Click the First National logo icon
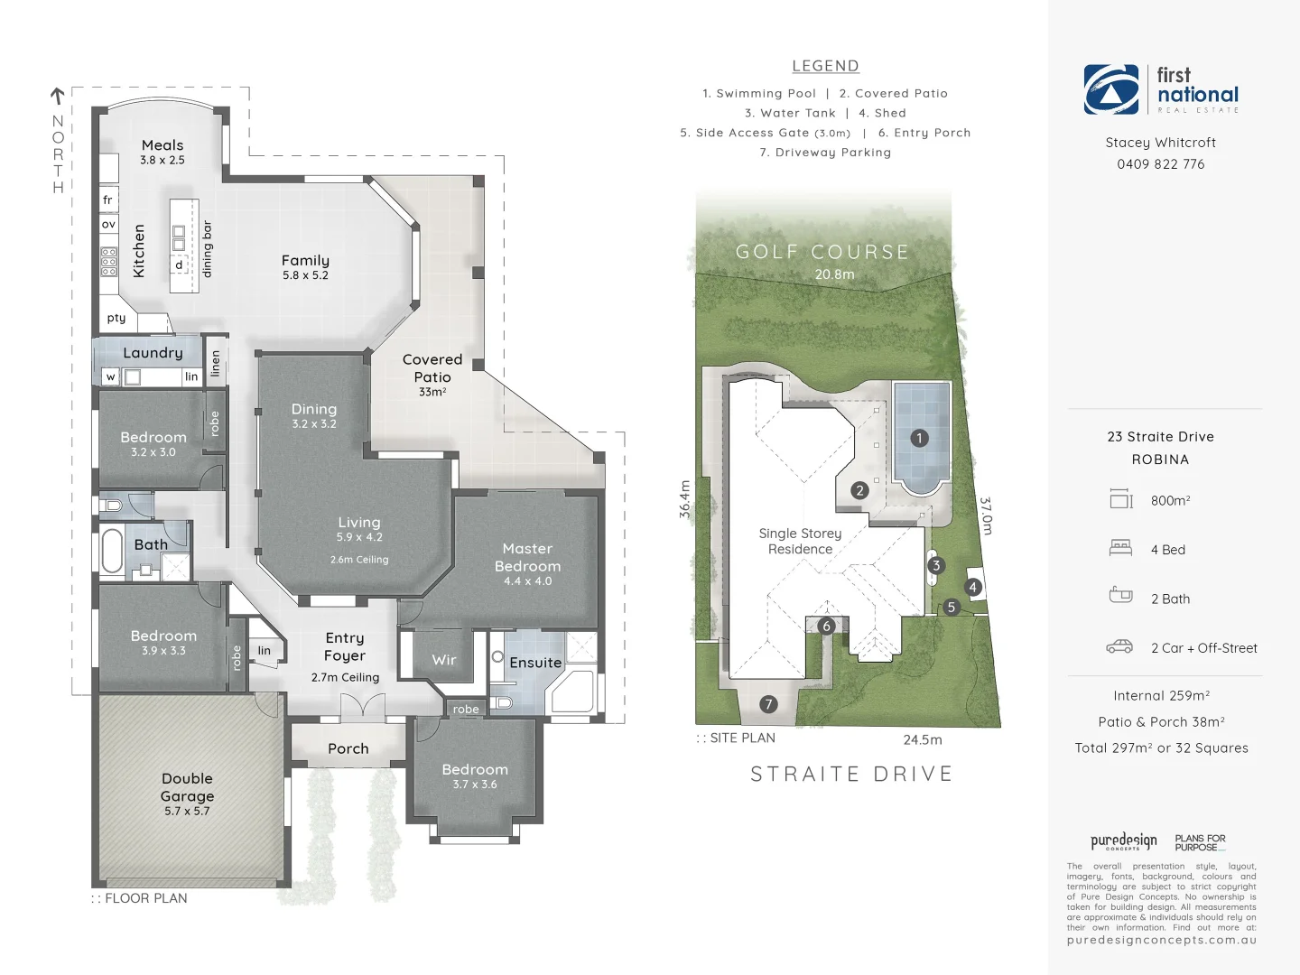(x=1111, y=89)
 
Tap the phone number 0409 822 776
(x=1160, y=164)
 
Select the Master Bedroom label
(x=527, y=563)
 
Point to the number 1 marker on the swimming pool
(x=919, y=438)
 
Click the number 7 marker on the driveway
(x=768, y=704)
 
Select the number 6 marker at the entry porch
(x=826, y=626)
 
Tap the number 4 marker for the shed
(x=973, y=587)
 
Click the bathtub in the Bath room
(x=112, y=552)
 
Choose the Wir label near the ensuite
(x=444, y=660)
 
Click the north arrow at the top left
(x=57, y=95)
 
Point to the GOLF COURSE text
(x=822, y=252)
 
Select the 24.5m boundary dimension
(x=923, y=739)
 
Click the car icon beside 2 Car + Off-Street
(x=1119, y=646)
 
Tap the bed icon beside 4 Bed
(x=1120, y=547)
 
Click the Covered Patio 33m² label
(x=432, y=374)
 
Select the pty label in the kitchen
(x=116, y=318)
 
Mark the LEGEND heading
(x=825, y=66)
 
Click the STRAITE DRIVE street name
(x=851, y=774)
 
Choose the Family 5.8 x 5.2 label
(x=305, y=266)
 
